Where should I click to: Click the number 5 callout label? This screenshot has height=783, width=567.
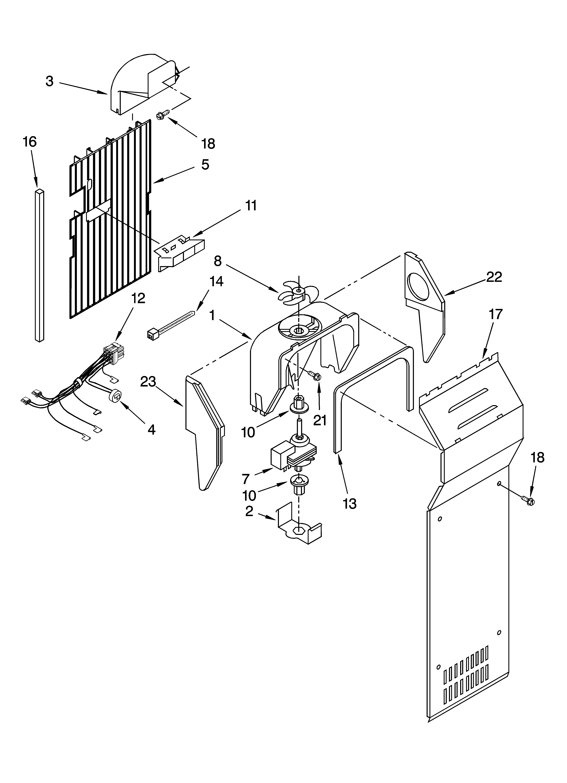point(205,165)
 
